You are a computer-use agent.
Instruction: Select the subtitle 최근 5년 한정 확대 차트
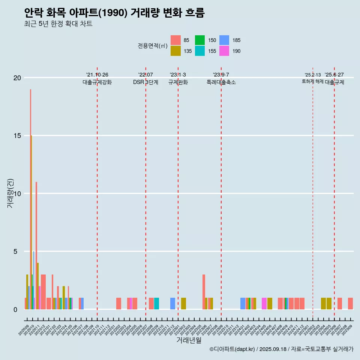58,24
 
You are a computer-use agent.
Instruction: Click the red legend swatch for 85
175,40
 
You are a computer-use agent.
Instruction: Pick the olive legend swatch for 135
175,51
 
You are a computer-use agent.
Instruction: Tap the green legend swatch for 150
200,40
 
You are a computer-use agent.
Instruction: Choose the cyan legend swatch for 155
200,51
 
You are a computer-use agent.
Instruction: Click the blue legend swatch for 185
224,40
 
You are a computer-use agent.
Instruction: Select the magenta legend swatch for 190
224,51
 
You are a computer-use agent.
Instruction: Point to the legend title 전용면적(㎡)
152,46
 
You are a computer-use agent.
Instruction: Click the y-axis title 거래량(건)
10,193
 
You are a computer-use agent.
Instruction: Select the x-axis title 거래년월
189,340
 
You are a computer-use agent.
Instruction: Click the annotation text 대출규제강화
97,82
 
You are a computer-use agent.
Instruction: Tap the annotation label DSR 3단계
145,82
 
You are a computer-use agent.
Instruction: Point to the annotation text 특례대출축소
221,82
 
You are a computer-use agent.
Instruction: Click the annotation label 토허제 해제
312,81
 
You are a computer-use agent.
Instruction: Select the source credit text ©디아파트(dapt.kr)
232,349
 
